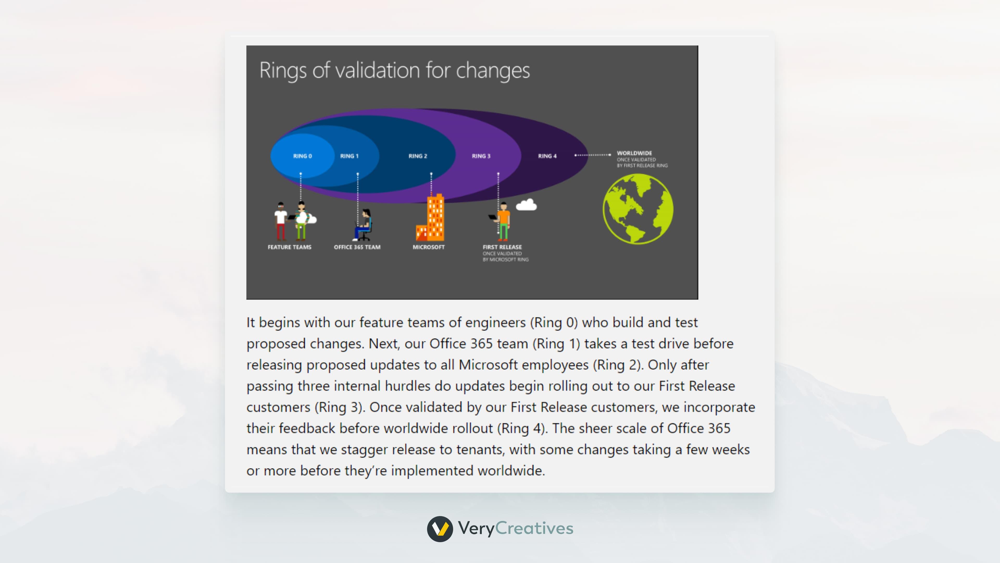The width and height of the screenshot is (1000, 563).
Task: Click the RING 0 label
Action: tap(302, 156)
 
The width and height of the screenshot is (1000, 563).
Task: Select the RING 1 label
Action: tap(349, 156)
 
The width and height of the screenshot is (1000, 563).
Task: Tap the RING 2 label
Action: tap(418, 156)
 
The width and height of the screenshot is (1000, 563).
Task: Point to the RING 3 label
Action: tap(481, 156)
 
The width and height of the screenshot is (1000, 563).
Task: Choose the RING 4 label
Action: tap(547, 156)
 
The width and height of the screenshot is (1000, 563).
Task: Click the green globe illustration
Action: tap(638, 209)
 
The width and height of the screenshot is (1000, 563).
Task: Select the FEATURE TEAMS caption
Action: tap(290, 247)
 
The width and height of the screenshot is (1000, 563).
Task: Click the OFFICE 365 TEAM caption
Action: tap(357, 247)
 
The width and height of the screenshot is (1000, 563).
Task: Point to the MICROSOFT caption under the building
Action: tap(429, 247)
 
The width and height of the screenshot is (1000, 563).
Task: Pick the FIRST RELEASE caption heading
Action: tap(502, 247)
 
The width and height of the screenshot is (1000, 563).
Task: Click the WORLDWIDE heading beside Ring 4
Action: tap(634, 153)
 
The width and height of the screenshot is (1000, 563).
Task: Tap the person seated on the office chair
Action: tap(364, 225)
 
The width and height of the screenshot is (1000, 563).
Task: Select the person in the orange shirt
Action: tap(503, 222)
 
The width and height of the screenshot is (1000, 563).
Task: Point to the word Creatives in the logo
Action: tap(534, 528)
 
